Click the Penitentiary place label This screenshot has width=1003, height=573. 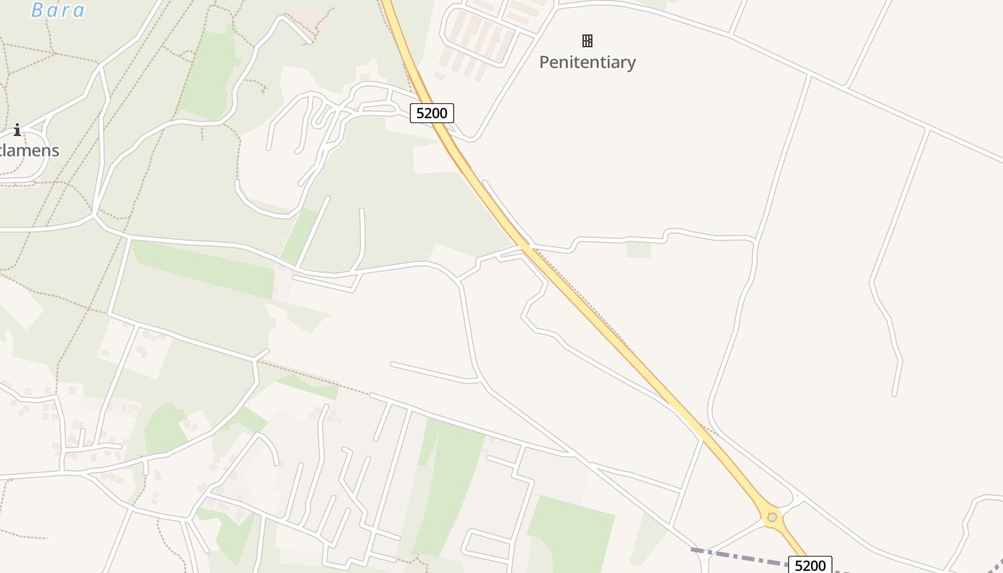click(587, 62)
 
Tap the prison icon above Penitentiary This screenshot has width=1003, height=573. click(587, 41)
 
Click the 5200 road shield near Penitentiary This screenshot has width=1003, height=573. click(431, 113)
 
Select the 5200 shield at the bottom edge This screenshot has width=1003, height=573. click(810, 565)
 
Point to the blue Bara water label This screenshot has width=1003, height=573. click(58, 10)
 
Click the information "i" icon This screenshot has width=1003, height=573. click(17, 130)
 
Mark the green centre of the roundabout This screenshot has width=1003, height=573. click(772, 516)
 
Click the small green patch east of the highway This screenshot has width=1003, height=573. click(638, 249)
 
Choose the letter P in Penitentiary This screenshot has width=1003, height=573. click(544, 62)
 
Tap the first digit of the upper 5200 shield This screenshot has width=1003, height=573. click(418, 113)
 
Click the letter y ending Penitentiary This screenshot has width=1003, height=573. click(630, 64)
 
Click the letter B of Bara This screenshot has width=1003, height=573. click(37, 10)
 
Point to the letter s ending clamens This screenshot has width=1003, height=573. click(54, 150)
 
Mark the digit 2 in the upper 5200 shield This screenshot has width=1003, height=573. click(427, 113)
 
